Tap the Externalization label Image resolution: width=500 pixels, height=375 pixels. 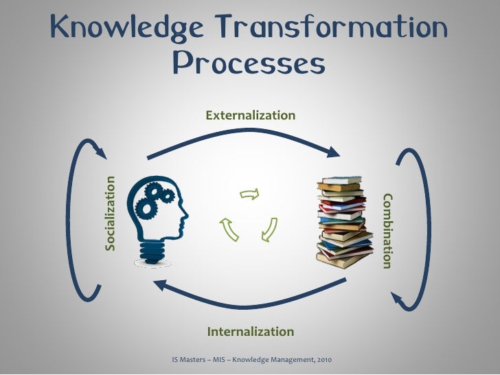tap(251, 115)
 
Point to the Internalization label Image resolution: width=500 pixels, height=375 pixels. tap(251, 332)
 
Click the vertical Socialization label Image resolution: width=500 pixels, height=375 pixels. tap(110, 214)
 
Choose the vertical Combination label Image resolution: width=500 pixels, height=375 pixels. tap(388, 231)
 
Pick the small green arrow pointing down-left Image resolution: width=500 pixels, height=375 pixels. tap(270, 230)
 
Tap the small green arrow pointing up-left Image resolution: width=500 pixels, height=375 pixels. tap(229, 229)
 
